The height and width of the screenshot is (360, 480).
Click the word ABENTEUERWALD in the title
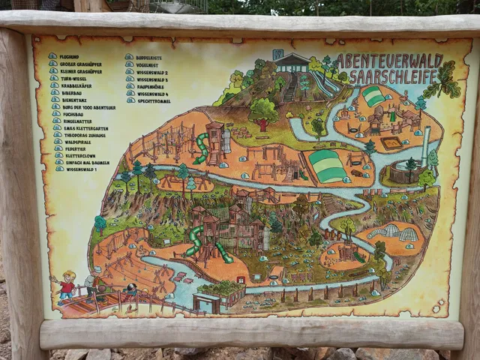point(388,59)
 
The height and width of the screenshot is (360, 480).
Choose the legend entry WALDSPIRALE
point(79,142)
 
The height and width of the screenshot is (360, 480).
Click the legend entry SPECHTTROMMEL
point(154,100)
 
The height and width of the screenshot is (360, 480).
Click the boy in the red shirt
point(67,286)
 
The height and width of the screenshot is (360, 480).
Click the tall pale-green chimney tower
point(426,145)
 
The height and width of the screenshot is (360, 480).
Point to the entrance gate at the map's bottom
point(206,301)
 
